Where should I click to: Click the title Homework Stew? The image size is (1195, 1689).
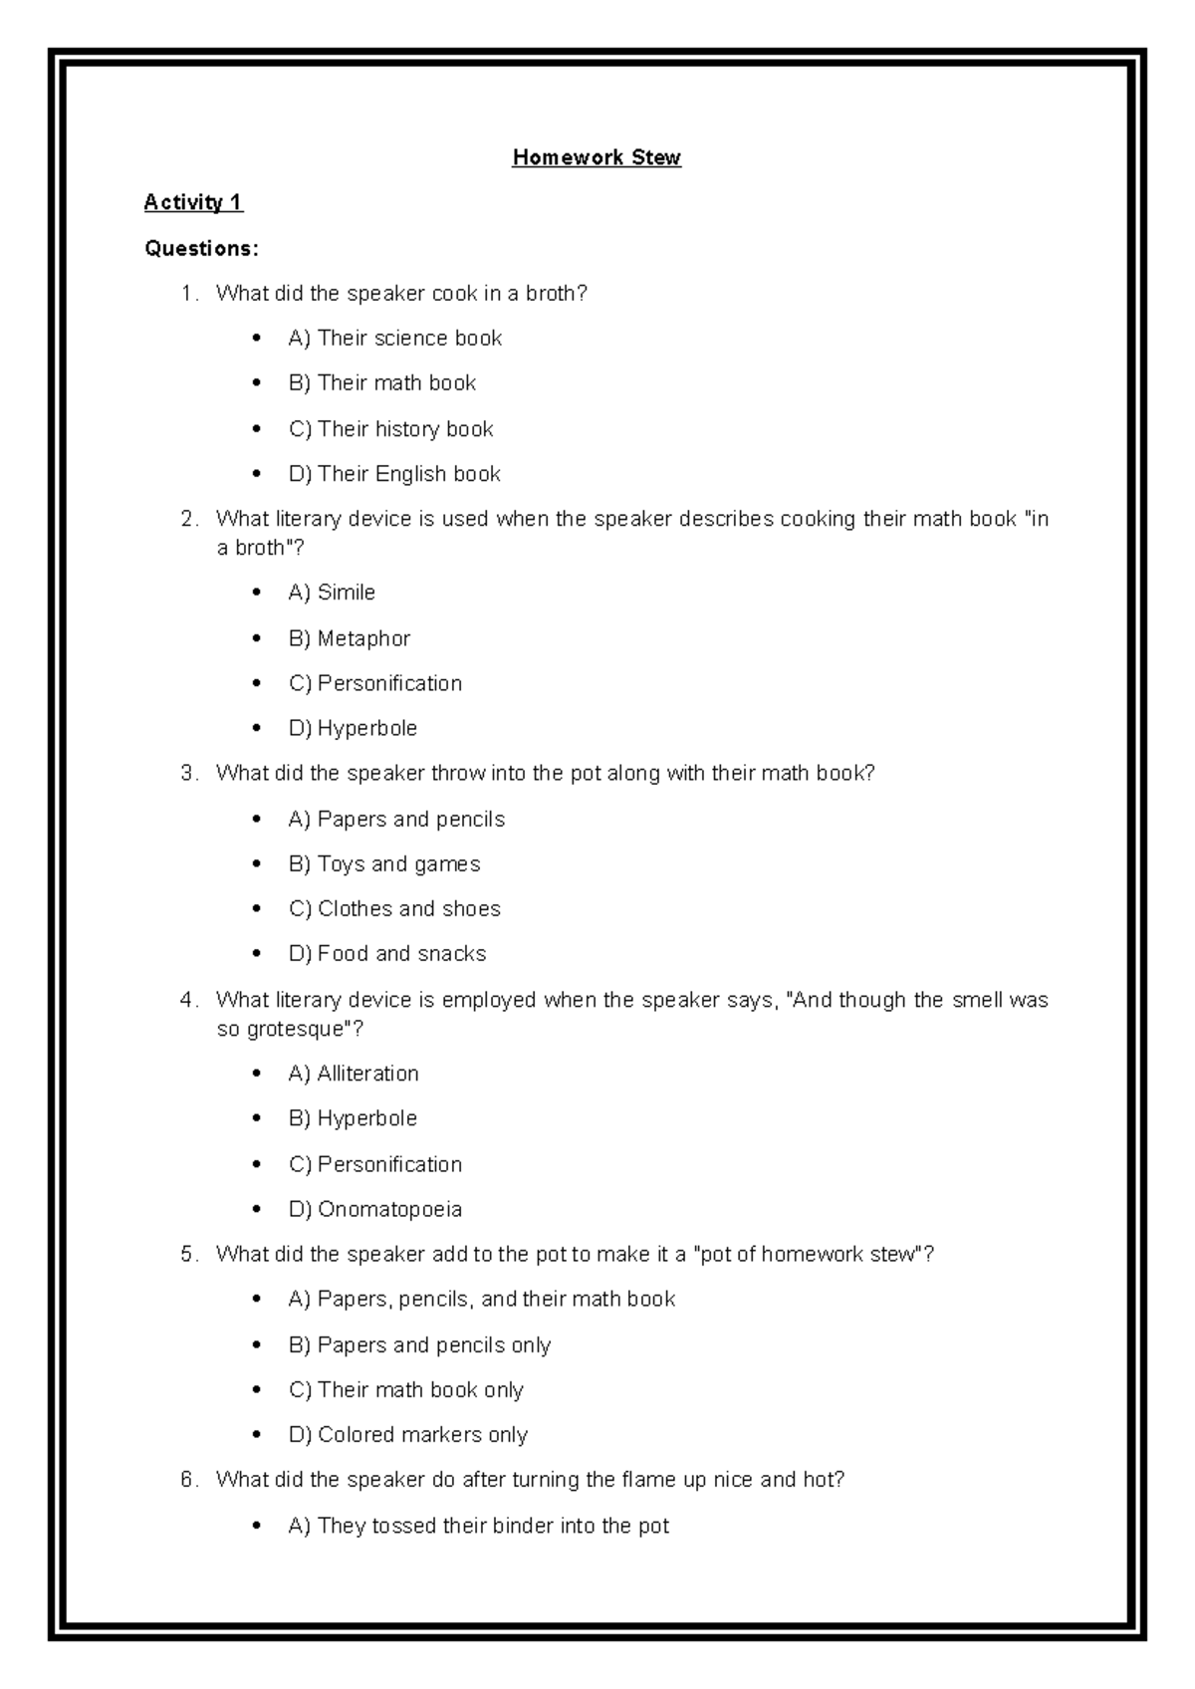(596, 157)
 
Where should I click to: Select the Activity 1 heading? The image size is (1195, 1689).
(193, 202)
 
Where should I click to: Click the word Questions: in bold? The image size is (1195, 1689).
(201, 248)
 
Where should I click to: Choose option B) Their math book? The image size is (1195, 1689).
(381, 383)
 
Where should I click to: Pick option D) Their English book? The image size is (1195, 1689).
(393, 474)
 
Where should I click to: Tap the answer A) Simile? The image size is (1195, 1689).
(332, 593)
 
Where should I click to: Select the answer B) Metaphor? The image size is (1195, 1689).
(349, 638)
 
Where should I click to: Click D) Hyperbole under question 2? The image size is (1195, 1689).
(353, 728)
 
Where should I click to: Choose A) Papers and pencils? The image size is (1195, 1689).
(396, 819)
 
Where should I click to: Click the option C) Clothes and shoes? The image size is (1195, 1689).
(394, 908)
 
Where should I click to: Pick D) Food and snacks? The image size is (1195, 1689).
(386, 954)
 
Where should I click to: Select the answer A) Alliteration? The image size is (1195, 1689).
(353, 1074)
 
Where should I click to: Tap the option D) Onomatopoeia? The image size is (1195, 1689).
(374, 1209)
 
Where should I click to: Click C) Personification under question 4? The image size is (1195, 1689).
(374, 1164)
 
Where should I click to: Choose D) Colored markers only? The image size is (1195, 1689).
(407, 1434)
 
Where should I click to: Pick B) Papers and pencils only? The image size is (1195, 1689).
(419, 1344)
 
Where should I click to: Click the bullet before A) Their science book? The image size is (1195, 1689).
(258, 339)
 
